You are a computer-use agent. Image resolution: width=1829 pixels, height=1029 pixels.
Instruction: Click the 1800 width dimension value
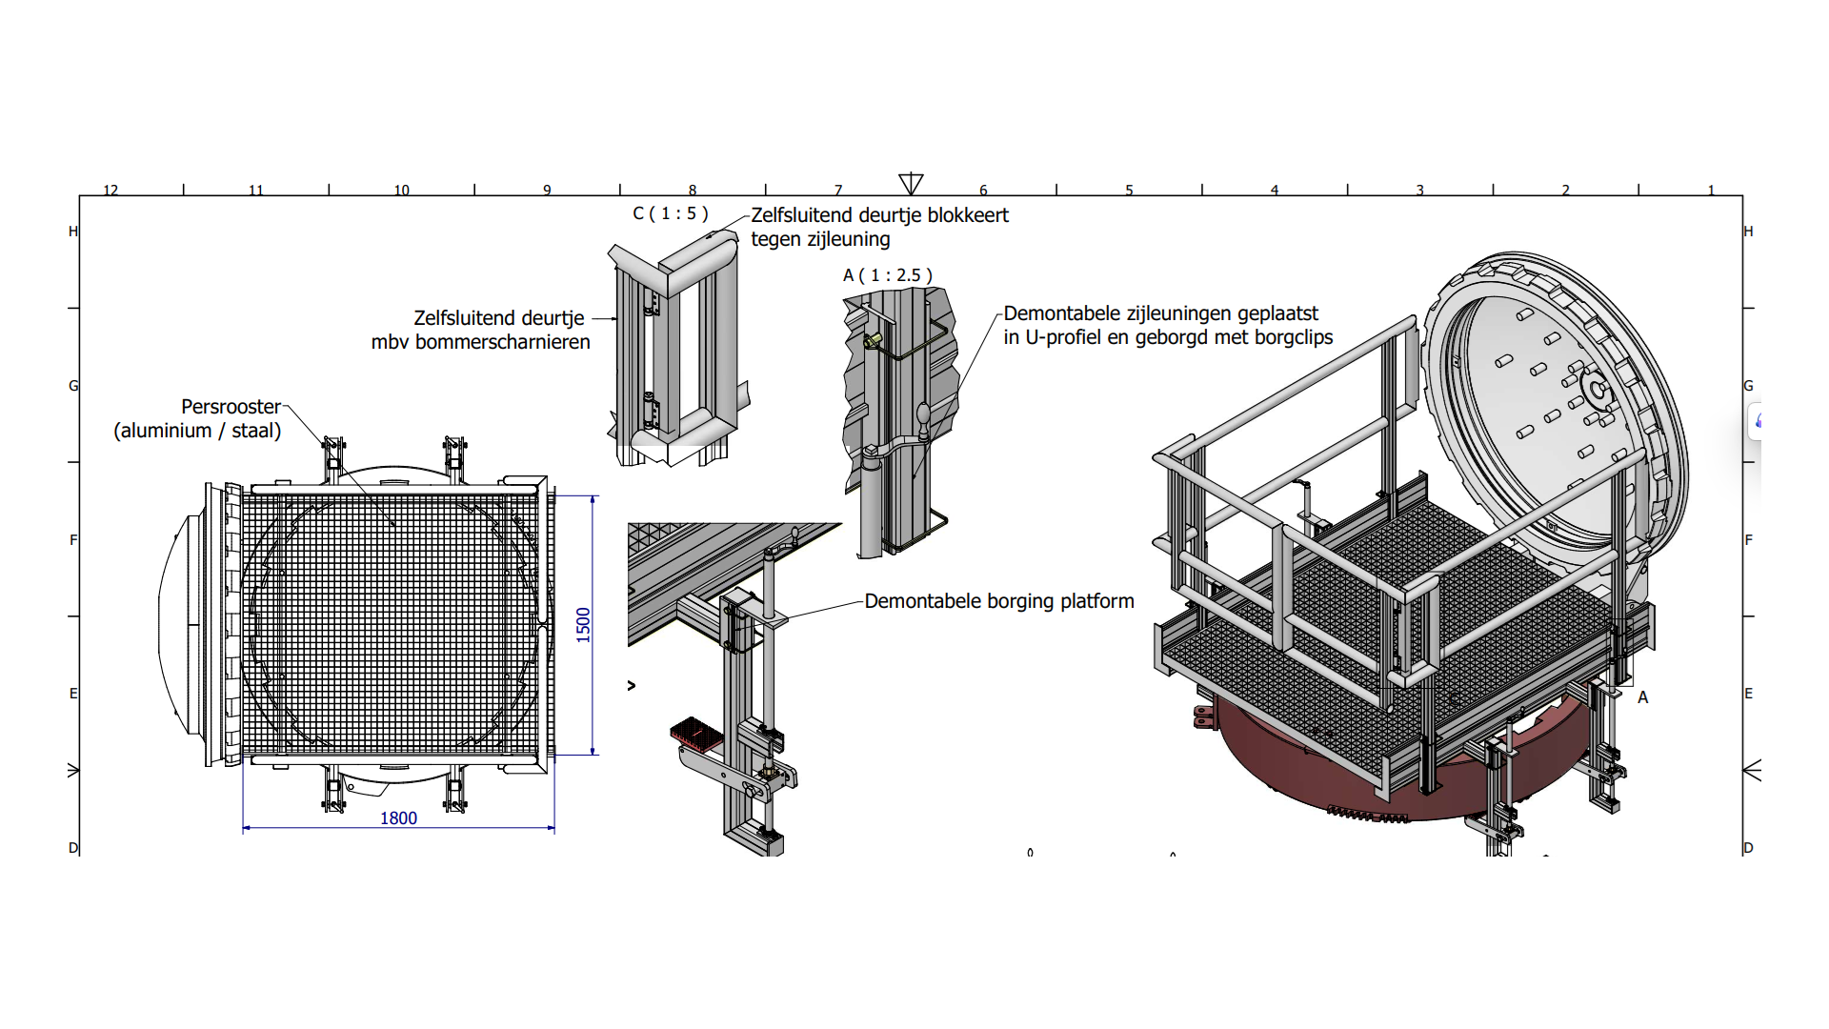click(x=398, y=818)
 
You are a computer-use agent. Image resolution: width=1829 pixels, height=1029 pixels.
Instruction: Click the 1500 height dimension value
click(x=583, y=625)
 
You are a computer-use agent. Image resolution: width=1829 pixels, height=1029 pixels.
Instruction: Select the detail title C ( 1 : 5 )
click(x=671, y=213)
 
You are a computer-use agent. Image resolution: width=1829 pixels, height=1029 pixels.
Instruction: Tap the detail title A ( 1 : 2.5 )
click(x=887, y=275)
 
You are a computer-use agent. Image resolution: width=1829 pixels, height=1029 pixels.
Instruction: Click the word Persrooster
click(x=231, y=407)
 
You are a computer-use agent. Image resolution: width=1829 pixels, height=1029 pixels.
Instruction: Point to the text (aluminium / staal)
click(x=197, y=431)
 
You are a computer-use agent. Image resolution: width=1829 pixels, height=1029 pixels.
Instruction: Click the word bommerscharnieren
click(x=502, y=342)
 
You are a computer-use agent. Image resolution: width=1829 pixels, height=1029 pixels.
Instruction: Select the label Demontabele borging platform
click(x=999, y=601)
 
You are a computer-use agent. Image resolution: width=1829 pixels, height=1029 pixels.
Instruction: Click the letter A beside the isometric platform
click(x=1642, y=697)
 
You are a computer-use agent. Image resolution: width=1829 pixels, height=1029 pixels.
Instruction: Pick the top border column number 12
click(x=111, y=191)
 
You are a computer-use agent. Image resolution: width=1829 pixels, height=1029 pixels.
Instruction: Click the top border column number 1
click(x=1711, y=191)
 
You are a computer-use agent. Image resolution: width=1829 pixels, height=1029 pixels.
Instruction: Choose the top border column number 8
click(x=693, y=191)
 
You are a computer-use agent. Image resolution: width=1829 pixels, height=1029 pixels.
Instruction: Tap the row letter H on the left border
click(x=73, y=232)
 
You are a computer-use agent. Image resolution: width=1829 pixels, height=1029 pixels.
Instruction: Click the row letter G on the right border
click(x=1748, y=386)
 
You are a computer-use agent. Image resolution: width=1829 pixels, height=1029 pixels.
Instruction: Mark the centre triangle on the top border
click(x=911, y=183)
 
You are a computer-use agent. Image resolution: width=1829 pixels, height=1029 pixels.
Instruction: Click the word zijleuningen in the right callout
click(x=1178, y=313)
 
